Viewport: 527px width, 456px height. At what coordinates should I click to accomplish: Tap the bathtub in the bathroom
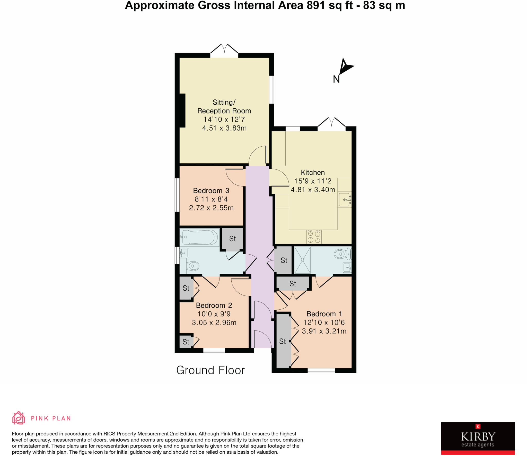coord(199,237)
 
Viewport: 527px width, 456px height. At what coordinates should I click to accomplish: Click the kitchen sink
coord(344,200)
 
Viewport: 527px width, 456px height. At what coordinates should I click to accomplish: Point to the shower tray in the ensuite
coord(303,260)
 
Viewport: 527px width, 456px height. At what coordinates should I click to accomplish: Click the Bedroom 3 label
coord(211,191)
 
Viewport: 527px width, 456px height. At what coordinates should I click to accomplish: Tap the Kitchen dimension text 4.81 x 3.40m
coord(313,190)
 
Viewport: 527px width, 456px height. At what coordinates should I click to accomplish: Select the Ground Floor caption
coord(210,370)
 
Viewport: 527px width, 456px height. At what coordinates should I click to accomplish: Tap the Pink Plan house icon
coord(19,418)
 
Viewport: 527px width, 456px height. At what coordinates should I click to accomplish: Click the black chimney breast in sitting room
coord(182,110)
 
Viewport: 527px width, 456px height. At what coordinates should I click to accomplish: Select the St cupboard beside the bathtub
coord(232,239)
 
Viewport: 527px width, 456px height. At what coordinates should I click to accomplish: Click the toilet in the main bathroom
coord(192,266)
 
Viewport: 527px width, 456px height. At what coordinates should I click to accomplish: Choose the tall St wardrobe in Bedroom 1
coord(283,341)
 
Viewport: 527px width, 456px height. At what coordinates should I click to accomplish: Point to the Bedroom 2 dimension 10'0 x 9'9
coord(214,314)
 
